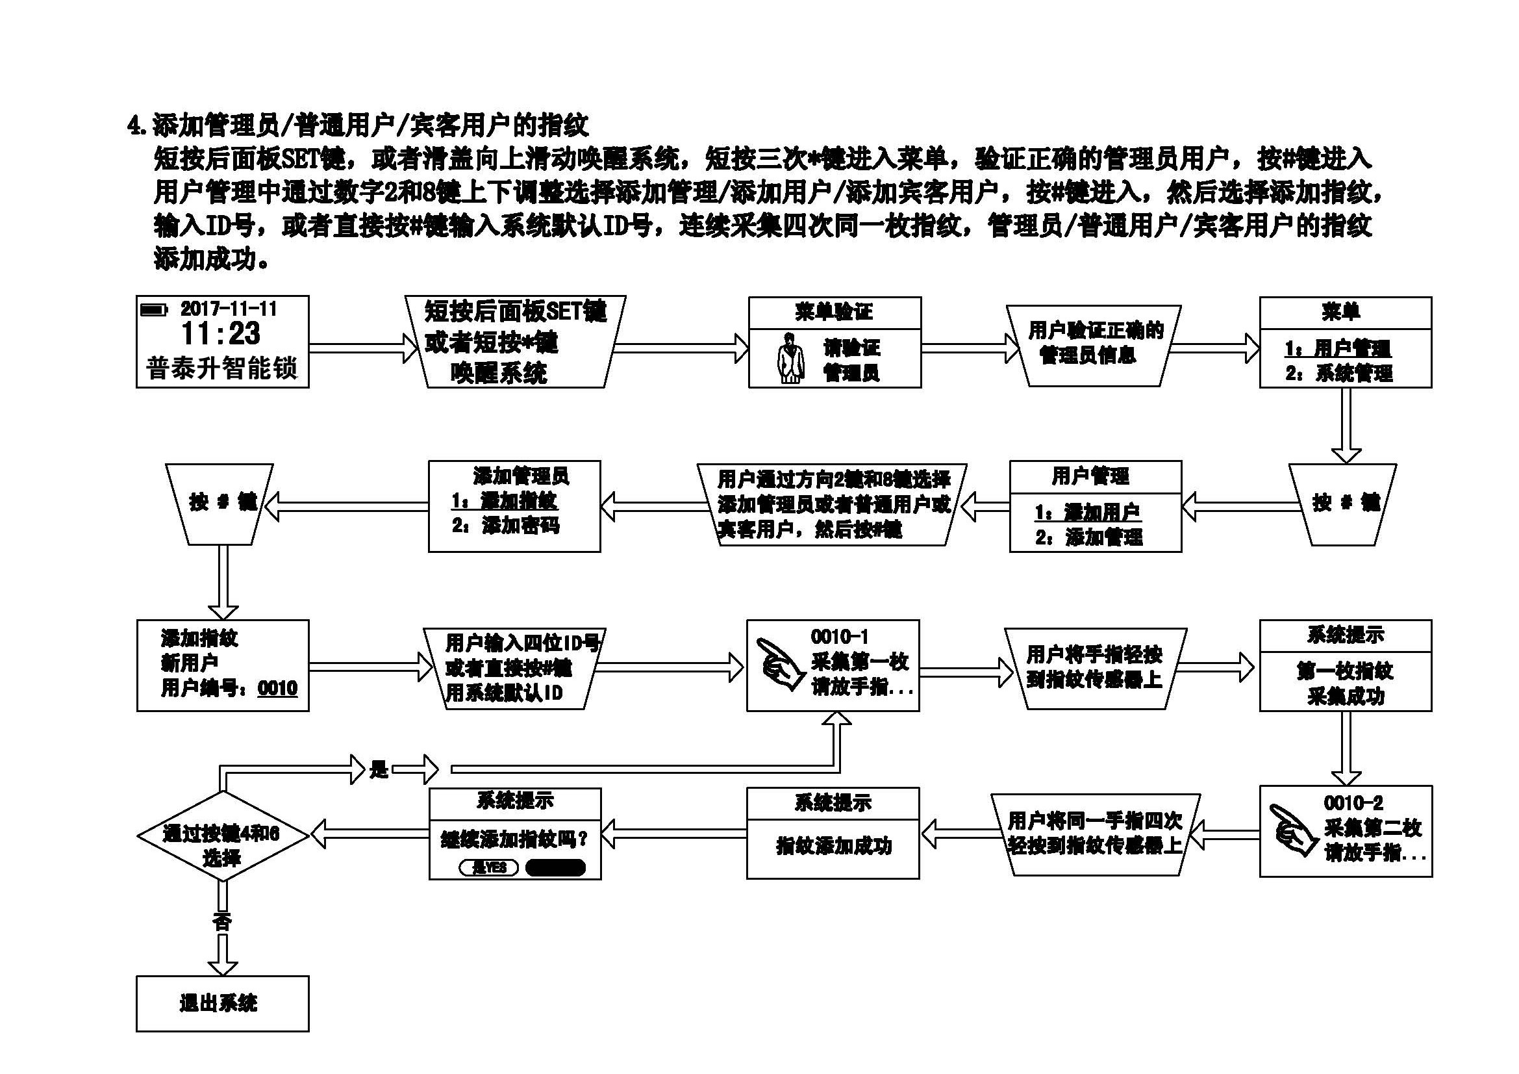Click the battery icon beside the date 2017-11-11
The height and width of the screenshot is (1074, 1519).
pos(154,310)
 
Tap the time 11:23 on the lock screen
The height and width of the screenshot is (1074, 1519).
pos(221,334)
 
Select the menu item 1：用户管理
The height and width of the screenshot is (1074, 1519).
pos(1338,348)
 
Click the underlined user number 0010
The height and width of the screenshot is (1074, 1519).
pos(278,688)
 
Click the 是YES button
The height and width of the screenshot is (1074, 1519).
pos(489,867)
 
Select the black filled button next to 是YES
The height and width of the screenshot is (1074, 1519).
pos(556,867)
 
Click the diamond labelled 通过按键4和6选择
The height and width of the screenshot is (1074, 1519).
pos(222,836)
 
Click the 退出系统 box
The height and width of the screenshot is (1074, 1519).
pos(222,1003)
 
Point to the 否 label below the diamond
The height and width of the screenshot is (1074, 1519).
pos(221,921)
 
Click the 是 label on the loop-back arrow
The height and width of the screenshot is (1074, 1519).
pos(379,769)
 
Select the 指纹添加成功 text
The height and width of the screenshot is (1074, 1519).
pos(834,846)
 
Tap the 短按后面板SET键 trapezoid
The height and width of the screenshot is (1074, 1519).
pos(515,342)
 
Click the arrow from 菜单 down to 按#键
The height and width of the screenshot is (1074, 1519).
pos(1346,427)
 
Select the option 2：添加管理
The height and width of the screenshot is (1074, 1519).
pos(1089,537)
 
